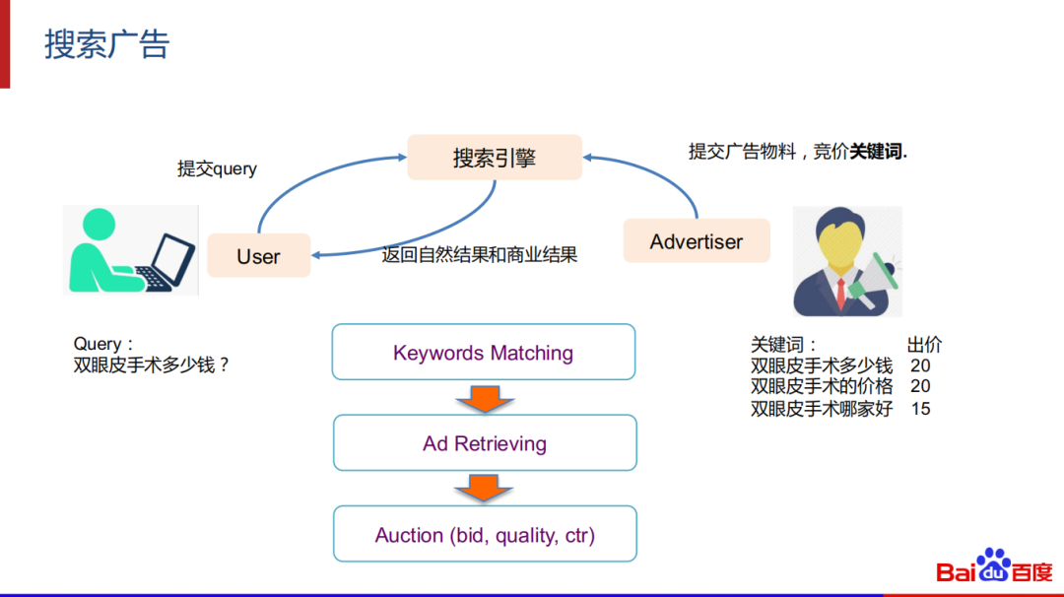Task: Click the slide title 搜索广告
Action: click(107, 44)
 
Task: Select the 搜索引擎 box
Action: click(495, 158)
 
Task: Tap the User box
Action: click(258, 256)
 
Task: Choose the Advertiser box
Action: click(697, 241)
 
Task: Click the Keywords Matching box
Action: click(483, 353)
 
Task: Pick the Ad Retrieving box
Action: click(485, 443)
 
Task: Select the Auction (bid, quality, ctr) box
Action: click(485, 535)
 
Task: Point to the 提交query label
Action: click(217, 168)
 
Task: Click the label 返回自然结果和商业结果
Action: click(480, 255)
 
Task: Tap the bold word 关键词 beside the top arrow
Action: click(876, 152)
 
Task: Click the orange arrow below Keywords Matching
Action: click(484, 397)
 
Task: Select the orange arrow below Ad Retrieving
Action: click(484, 488)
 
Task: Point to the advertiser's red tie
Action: click(840, 292)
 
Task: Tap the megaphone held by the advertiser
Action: click(876, 276)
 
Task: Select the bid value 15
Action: click(920, 408)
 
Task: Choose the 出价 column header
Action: click(924, 345)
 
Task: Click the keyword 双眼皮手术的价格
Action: click(822, 386)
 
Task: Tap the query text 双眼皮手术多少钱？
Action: click(152, 365)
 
